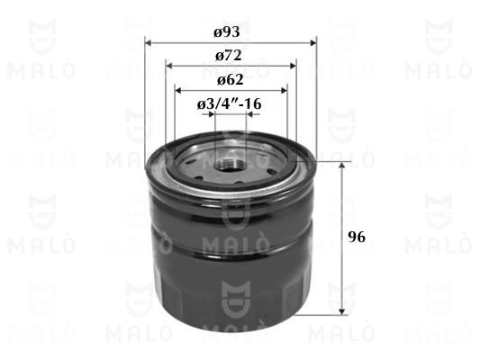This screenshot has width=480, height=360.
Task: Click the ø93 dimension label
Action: pos(227,31)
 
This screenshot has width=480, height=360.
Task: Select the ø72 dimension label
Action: pos(229,56)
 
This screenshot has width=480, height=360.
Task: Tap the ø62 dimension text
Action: pos(231,80)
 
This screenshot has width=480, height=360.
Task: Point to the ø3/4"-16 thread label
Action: pos(230,104)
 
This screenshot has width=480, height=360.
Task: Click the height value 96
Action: pos(357,237)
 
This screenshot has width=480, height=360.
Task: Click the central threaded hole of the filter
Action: pos(230,166)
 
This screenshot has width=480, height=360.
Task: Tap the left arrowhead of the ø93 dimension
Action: pos(149,42)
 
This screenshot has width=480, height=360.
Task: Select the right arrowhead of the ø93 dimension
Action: pos(313,42)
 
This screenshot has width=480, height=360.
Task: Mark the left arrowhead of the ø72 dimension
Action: pos(169,66)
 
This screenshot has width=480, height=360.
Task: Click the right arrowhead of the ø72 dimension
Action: pos(293,66)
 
